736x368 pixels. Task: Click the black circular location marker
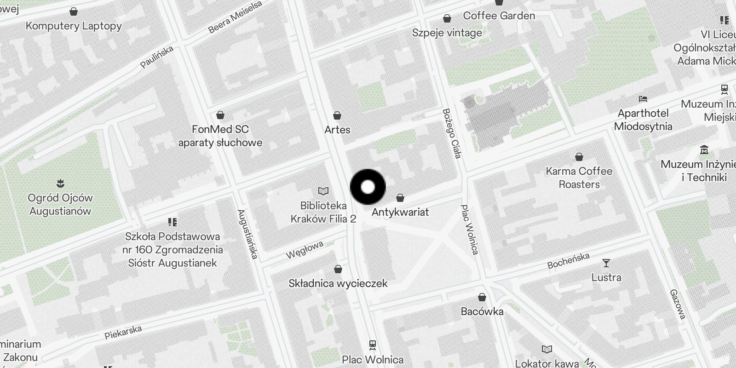[x=368, y=187]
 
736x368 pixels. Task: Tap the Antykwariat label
[x=400, y=212]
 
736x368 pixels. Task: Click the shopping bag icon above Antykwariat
[x=400, y=198]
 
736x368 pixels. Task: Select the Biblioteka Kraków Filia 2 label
[x=323, y=212]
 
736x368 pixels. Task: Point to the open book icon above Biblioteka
[x=323, y=191]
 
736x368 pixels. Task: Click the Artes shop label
[x=337, y=130]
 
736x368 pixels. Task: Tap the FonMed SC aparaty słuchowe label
[x=220, y=136]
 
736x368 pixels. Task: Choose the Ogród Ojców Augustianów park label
[x=60, y=204]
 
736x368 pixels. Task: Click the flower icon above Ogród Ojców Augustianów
[x=60, y=184]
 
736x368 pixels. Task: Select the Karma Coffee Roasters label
[x=579, y=178]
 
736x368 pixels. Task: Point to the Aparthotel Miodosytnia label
[x=643, y=120]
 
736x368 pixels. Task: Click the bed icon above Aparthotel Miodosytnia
[x=643, y=99]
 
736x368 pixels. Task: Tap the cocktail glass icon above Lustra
[x=606, y=263]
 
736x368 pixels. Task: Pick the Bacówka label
[x=482, y=311]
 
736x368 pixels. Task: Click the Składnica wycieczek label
[x=338, y=283]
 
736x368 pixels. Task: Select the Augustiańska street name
[x=247, y=234]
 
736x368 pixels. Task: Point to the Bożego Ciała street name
[x=451, y=133]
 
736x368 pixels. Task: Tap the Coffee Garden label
[x=499, y=16]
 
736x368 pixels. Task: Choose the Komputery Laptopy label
[x=74, y=26]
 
